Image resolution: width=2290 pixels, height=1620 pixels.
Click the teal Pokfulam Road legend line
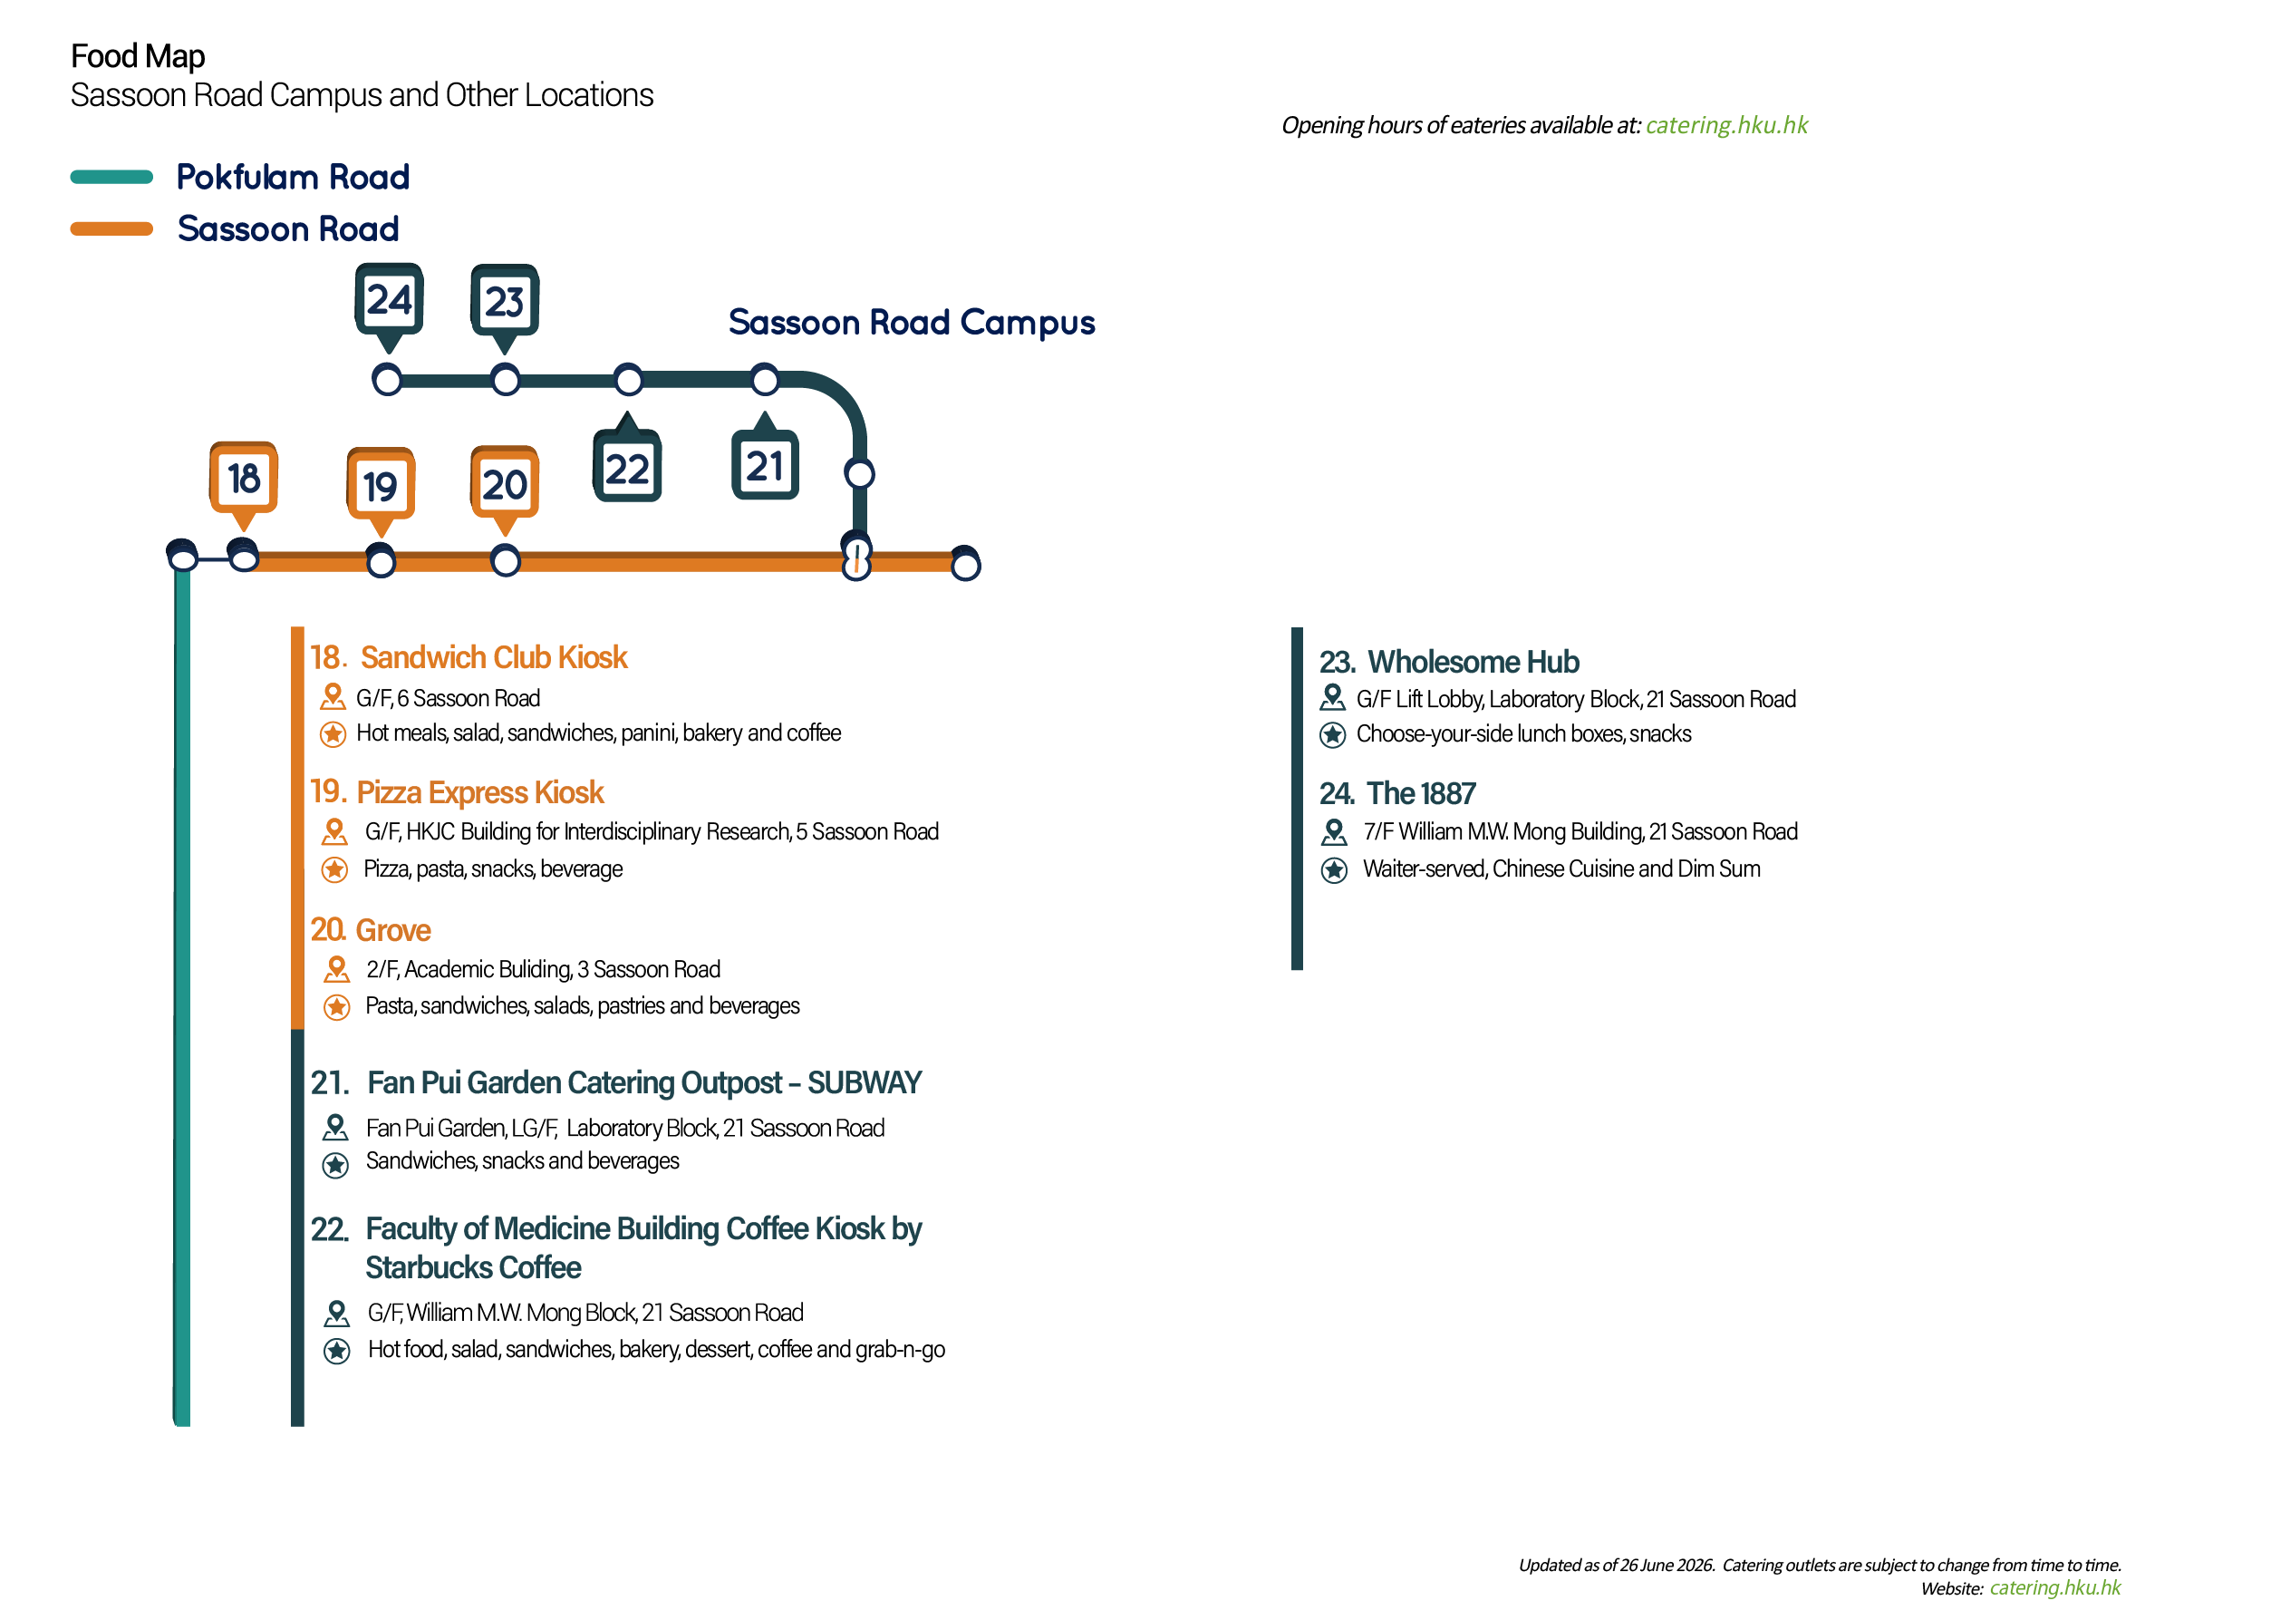coord(111,178)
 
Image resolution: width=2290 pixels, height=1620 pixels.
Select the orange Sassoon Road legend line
coord(111,229)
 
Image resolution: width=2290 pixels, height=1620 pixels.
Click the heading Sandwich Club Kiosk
coord(494,657)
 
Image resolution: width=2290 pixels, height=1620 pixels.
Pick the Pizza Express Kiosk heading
coord(479,792)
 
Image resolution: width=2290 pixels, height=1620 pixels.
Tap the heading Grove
coord(393,930)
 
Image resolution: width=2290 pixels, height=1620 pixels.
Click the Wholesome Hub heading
coord(1474,662)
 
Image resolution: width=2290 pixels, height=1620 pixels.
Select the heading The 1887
coord(1420,793)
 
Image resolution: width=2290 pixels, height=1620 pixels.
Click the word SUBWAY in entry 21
coord(865,1082)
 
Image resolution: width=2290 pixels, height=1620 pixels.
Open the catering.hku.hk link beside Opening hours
coord(1726,125)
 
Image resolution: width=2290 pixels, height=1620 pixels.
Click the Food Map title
coord(138,56)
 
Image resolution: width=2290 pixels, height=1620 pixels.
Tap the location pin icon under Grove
coord(337,968)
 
